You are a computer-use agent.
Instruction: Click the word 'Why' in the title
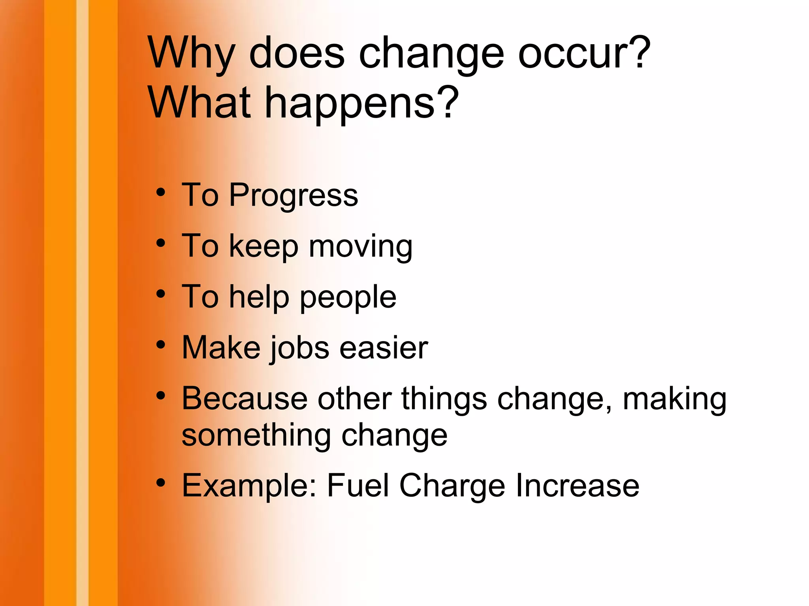tap(191, 53)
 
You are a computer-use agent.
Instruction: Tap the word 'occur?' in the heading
tap(584, 53)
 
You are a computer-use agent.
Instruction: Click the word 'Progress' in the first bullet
tap(293, 195)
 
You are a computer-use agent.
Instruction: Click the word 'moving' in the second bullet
tap(361, 246)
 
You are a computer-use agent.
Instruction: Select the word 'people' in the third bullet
tap(348, 297)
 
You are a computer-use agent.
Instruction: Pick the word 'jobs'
tap(299, 348)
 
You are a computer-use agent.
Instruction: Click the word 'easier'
tap(384, 348)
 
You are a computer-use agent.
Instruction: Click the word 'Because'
tap(245, 398)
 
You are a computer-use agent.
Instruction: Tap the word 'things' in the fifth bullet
tap(444, 398)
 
